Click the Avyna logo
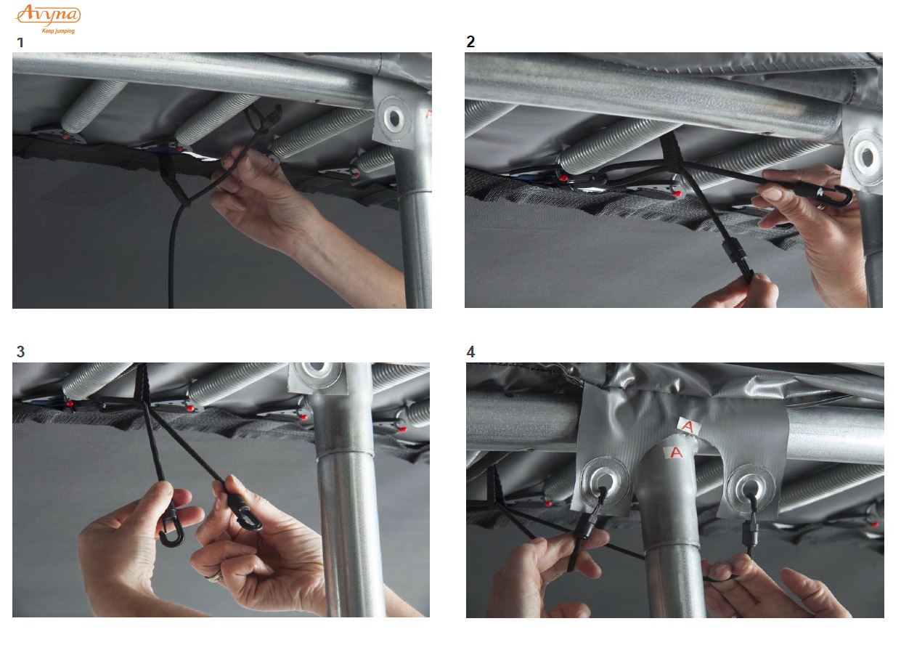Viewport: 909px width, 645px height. tap(48, 15)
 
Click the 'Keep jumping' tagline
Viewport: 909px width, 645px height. tap(58, 31)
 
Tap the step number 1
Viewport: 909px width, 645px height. tap(20, 43)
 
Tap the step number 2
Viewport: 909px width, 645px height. tap(470, 41)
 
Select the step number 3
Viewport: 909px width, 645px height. tap(21, 352)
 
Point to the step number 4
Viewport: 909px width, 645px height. tap(470, 352)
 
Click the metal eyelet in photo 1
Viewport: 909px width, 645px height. tap(394, 118)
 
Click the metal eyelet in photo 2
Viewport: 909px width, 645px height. tap(866, 157)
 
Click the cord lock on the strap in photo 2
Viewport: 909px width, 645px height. tap(734, 251)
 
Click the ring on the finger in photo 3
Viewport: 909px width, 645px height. tap(215, 577)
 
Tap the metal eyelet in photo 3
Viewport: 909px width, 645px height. tap(317, 373)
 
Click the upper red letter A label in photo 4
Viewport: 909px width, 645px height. tap(688, 426)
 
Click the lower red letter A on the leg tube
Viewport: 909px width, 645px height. tap(676, 452)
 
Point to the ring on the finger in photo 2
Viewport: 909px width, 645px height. tap(820, 206)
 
